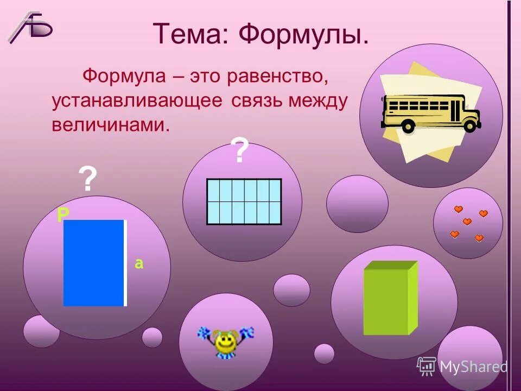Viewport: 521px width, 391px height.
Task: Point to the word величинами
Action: [110, 125]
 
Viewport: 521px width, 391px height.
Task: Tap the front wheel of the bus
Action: [470, 125]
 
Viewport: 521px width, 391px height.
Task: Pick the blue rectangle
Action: [94, 263]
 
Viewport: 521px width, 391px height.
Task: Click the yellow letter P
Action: [63, 216]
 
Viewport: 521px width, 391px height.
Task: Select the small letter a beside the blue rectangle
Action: [139, 264]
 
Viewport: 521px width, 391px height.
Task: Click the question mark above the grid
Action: [240, 151]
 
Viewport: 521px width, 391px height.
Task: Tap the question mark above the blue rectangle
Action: [88, 179]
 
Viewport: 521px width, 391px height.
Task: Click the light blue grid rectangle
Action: [244, 201]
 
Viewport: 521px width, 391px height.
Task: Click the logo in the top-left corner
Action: [30, 27]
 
